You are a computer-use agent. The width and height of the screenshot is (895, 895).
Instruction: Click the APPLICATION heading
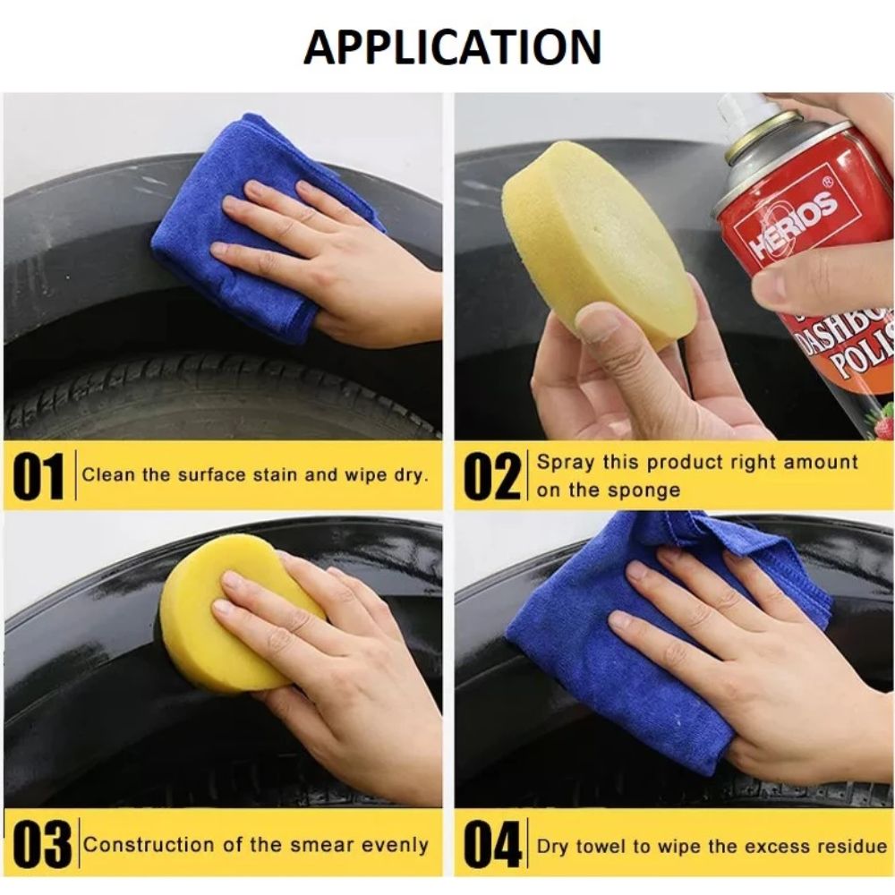click(452, 47)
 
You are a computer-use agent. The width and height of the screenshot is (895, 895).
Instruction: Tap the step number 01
click(38, 476)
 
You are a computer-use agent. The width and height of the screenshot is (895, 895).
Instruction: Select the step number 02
click(492, 476)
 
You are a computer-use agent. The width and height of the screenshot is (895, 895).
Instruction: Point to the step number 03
click(42, 844)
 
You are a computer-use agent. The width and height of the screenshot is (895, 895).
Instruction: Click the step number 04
click(492, 844)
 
